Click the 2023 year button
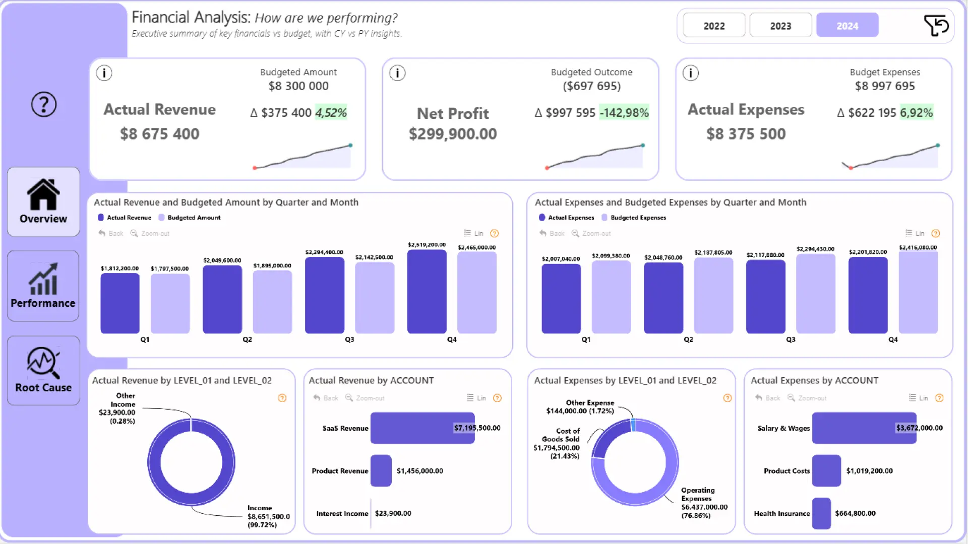tap(780, 26)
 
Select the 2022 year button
tap(714, 26)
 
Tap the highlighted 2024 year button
tap(847, 26)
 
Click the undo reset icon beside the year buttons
tap(936, 25)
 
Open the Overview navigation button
tap(43, 201)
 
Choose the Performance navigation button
tap(43, 286)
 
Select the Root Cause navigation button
tap(43, 370)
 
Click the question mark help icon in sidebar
tap(44, 104)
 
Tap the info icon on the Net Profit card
tap(397, 74)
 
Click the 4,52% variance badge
tap(331, 112)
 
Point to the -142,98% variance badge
tap(624, 112)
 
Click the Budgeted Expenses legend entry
tap(638, 218)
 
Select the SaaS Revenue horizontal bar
tap(422, 428)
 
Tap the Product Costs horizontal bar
tap(826, 470)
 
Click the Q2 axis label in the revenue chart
tap(247, 339)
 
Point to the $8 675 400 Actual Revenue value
tap(159, 134)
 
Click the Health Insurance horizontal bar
tap(821, 513)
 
